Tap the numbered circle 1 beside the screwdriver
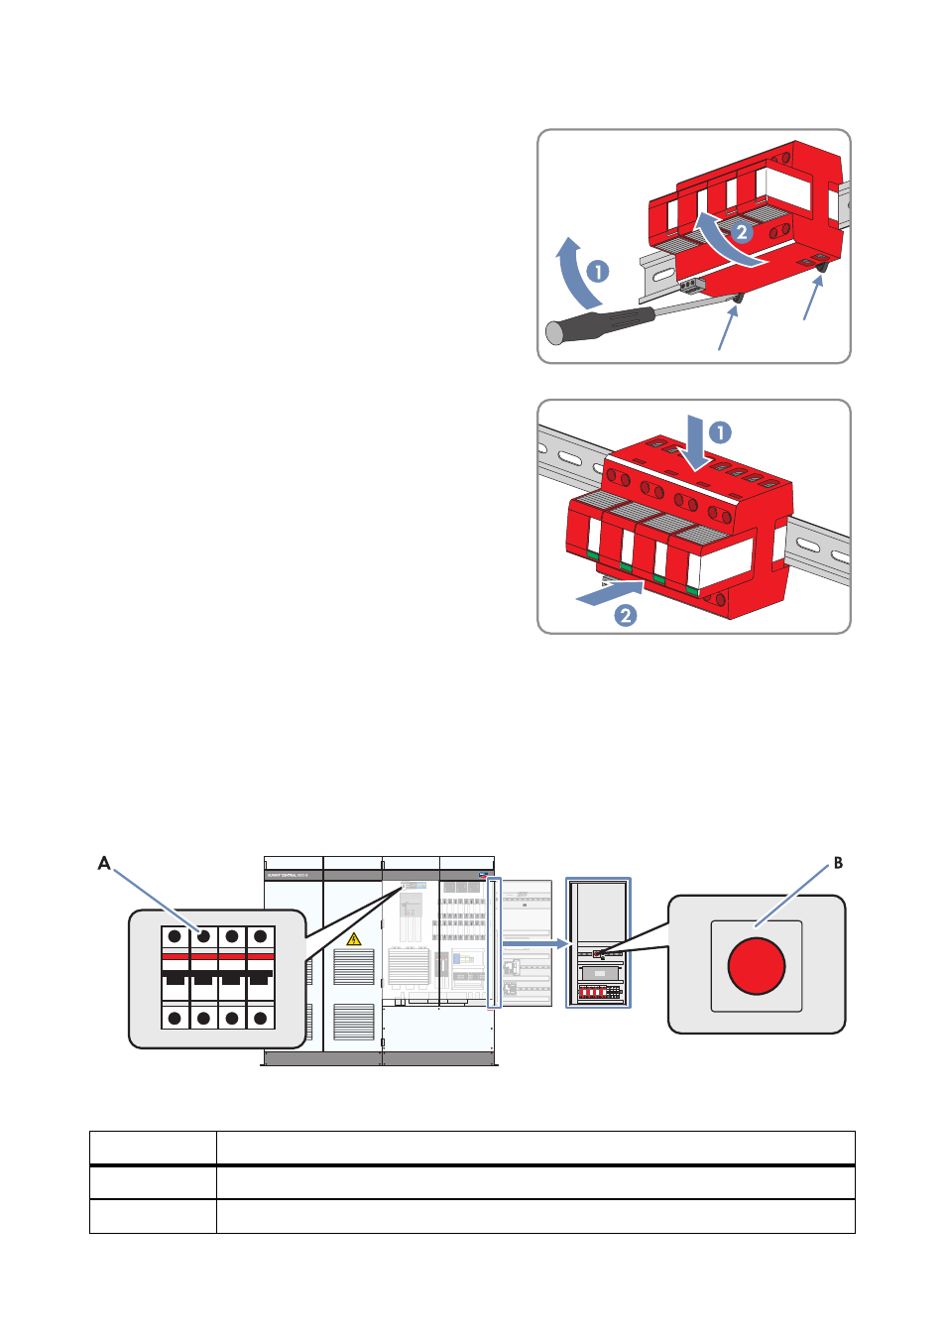coord(597,271)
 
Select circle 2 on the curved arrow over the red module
coord(742,233)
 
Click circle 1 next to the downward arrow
coord(720,432)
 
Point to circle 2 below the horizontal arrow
coord(626,616)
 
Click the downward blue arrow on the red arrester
coord(696,442)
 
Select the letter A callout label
coord(104,864)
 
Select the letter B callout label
coord(838,863)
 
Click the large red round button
coord(757,966)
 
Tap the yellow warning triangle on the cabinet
coord(354,938)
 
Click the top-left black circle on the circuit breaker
coord(175,936)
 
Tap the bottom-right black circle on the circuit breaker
coord(260,1018)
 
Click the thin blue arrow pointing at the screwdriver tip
coord(727,328)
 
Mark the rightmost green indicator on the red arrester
coord(691,591)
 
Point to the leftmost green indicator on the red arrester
coord(593,554)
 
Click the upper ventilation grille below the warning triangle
coord(354,968)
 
